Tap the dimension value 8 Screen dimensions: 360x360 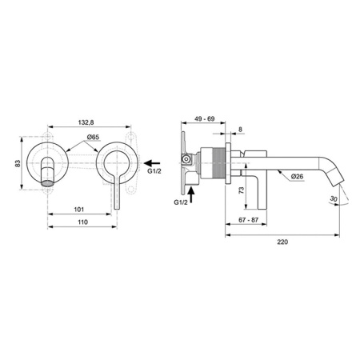pyautogui.click(x=241, y=128)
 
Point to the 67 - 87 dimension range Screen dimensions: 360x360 pyautogui.click(x=246, y=218)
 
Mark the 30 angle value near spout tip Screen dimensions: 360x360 pyautogui.click(x=333, y=200)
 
